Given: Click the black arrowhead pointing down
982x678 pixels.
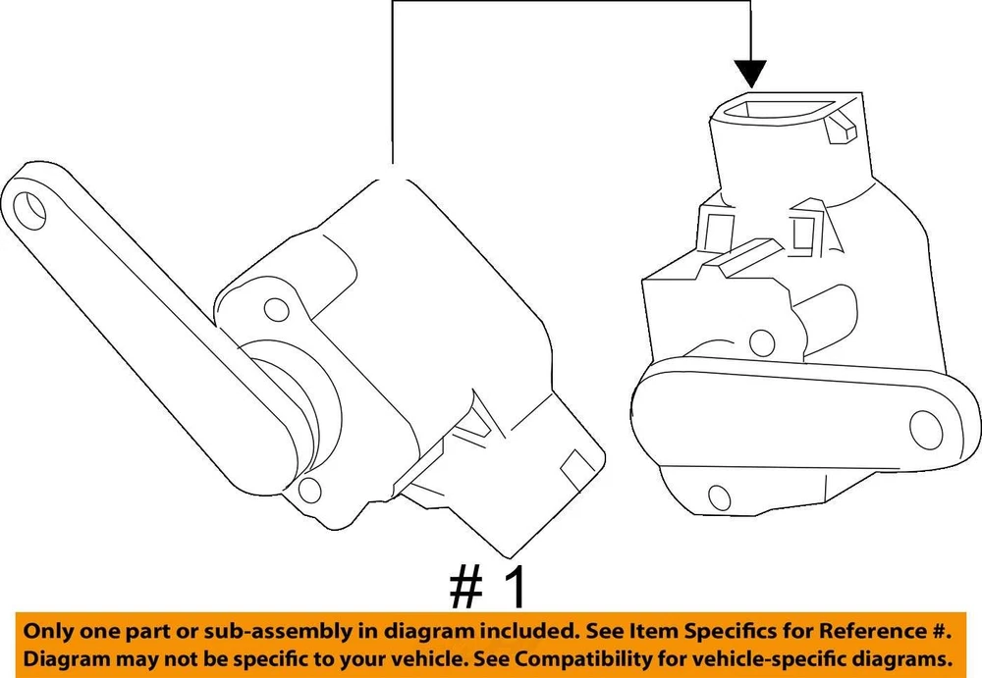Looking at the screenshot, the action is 751,73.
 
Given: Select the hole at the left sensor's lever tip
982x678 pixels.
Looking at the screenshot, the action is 28,210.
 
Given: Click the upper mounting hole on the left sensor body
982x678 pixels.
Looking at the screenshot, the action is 276,309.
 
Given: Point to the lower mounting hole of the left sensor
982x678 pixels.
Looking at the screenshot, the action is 309,490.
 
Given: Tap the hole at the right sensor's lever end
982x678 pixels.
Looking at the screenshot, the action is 925,430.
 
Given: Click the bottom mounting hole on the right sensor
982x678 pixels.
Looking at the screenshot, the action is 719,496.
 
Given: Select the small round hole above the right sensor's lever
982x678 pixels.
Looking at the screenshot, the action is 762,341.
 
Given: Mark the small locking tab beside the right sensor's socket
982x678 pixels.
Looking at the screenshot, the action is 841,128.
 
